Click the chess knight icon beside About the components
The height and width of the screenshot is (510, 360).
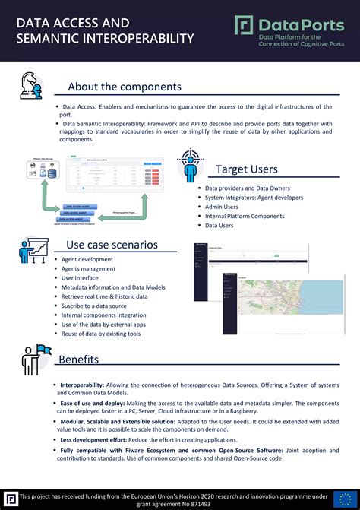click(31, 86)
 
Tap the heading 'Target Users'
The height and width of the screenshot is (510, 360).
click(247, 169)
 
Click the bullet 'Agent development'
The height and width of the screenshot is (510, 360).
click(87, 259)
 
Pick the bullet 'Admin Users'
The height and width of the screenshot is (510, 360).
click(222, 207)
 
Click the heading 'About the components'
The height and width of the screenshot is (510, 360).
click(125, 87)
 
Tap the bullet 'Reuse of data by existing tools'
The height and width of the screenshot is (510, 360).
click(101, 333)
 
